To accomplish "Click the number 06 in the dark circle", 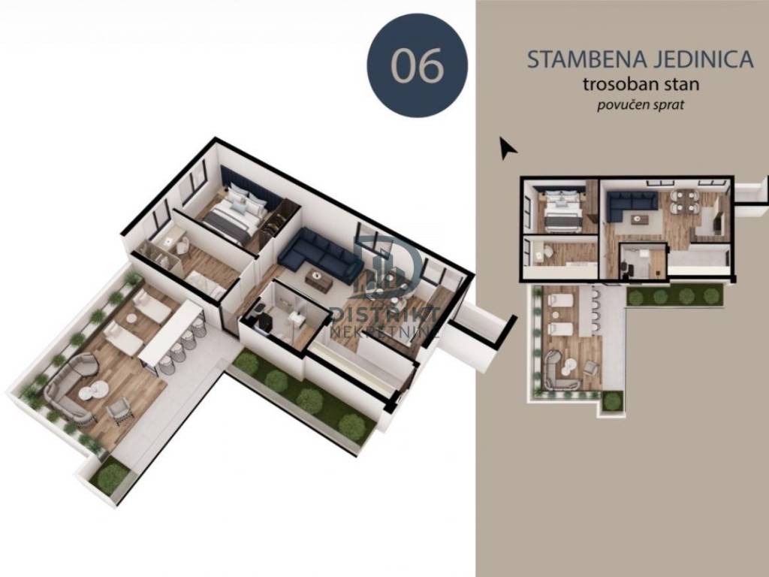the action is click(418, 65).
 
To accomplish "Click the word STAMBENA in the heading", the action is click(587, 59).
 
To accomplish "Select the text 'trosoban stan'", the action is click(641, 84).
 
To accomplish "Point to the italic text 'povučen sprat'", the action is click(640, 105).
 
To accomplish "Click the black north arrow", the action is click(507, 147).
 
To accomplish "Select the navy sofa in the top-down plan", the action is click(628, 207).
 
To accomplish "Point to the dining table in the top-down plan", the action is click(685, 201).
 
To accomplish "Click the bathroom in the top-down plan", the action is click(643, 261).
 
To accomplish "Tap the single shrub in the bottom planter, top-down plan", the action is click(611, 401).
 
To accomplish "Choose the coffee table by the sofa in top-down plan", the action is click(638, 219).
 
